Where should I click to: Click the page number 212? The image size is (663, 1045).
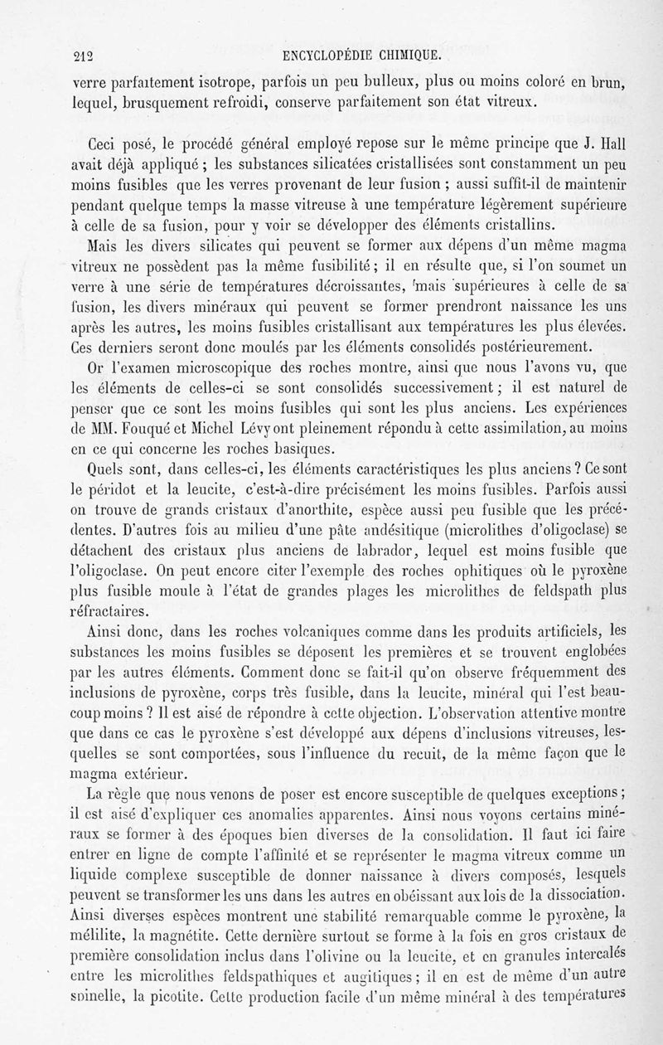click(x=83, y=57)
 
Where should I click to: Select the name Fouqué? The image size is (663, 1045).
click(x=148, y=428)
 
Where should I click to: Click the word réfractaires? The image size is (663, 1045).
click(x=111, y=612)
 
